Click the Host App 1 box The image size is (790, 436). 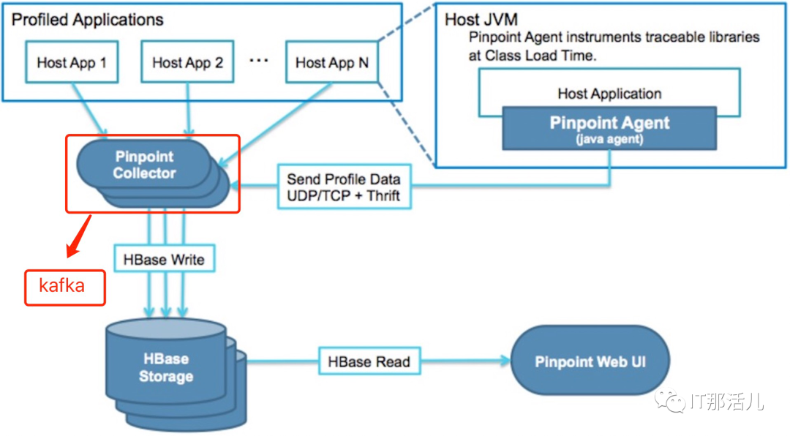pos(72,63)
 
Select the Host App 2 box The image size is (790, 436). pos(187,63)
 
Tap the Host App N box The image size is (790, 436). pos(331,63)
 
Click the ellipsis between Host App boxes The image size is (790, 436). pos(259,61)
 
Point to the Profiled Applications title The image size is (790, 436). pos(88,20)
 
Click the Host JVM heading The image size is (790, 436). pos(482,20)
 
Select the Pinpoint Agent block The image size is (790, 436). pos(609,128)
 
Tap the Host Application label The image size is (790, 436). pos(609,94)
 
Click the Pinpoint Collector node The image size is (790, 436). pos(145,166)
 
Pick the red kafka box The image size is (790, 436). pos(65,287)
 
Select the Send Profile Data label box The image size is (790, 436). pos(343,187)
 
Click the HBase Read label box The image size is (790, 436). pos(369,361)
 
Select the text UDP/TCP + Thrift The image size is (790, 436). pos(343,195)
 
